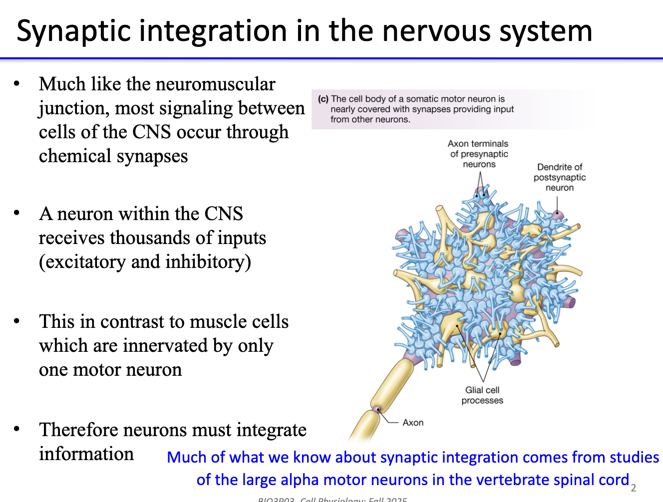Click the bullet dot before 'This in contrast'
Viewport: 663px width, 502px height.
pos(17,321)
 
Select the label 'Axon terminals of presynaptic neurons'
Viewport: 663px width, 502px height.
pos(478,154)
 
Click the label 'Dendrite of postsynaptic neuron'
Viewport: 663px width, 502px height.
pos(559,177)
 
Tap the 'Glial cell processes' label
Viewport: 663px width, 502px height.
pos(482,395)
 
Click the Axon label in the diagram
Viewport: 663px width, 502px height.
pos(413,423)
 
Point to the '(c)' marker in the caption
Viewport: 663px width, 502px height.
pos(323,99)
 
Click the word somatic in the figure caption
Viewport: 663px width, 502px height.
pos(420,99)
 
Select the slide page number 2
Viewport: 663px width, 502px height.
pos(634,488)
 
